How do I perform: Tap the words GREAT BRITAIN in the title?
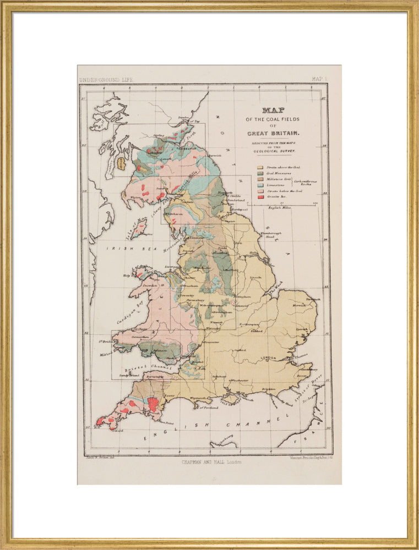point(273,134)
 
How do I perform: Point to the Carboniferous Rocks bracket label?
point(306,182)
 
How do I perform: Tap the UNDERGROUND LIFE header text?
point(106,80)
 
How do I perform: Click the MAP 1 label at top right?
point(319,80)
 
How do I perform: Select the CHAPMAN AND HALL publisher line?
point(211,463)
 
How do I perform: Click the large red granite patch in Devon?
point(153,404)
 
